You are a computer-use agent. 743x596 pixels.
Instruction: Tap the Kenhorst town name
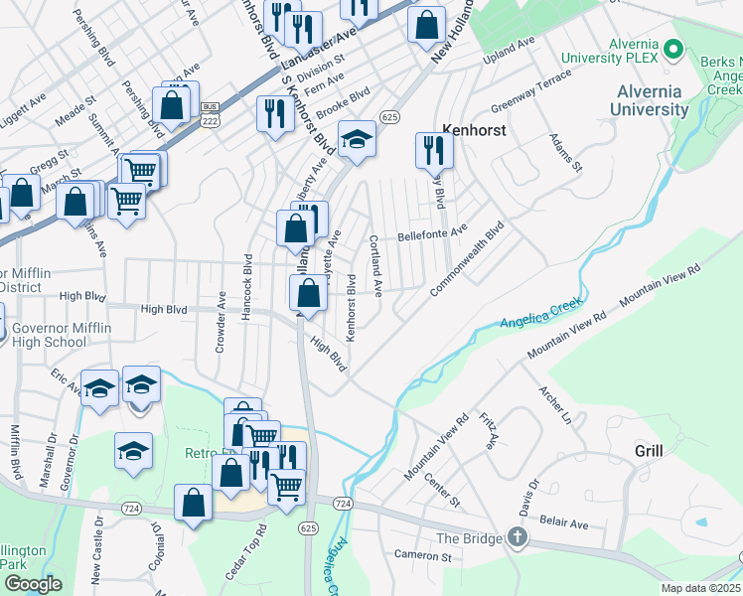click(x=474, y=130)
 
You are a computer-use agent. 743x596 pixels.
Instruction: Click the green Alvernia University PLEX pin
click(x=672, y=48)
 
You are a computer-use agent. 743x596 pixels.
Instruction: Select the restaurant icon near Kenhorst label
click(x=434, y=150)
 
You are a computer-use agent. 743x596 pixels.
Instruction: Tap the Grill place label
click(x=649, y=451)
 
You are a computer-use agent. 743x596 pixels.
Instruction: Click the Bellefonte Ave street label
click(x=432, y=235)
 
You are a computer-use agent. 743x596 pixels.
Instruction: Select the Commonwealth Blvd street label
click(x=469, y=258)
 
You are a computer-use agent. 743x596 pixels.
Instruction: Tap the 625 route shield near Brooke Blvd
click(x=389, y=117)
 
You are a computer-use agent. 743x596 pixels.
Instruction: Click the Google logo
click(x=33, y=584)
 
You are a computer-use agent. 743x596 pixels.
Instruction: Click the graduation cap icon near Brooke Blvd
click(x=357, y=141)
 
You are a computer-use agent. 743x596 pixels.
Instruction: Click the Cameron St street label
click(x=423, y=553)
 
